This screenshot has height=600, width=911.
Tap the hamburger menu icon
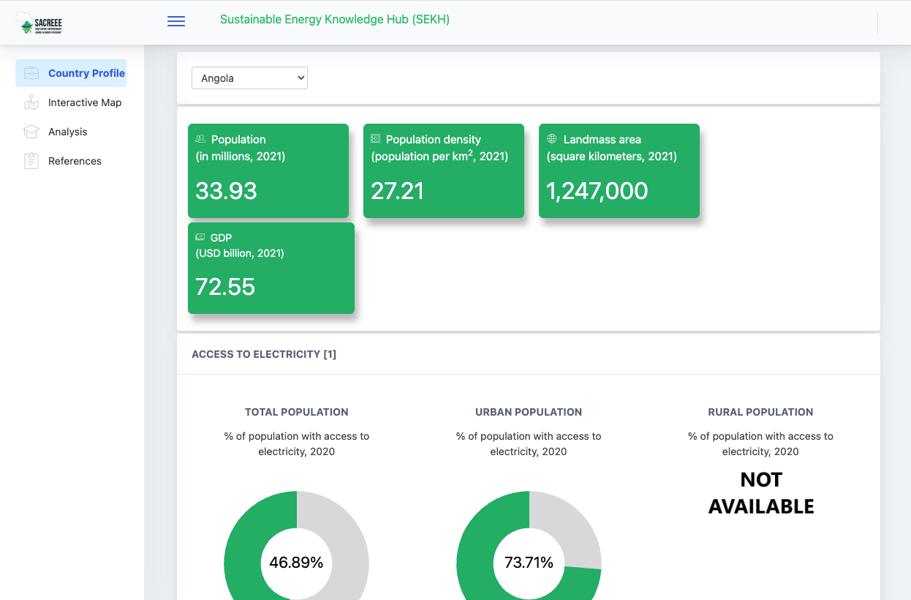176,21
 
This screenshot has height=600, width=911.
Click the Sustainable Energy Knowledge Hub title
335,20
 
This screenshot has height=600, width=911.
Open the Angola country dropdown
249,78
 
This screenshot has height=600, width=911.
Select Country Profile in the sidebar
71,73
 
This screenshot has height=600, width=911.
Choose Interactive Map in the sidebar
85,102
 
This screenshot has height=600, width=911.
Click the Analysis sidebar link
67,132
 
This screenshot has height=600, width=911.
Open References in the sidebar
75,161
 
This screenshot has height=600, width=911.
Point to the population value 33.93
226,191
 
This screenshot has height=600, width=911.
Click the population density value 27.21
397,191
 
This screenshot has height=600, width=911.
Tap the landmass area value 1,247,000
597,191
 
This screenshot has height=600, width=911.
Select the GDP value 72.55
225,287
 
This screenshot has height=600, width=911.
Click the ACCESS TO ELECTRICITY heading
264,354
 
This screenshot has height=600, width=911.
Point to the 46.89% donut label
296,563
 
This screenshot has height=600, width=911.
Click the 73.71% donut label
529,563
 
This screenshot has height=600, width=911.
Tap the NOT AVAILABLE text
761,493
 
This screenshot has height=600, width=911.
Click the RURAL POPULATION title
760,412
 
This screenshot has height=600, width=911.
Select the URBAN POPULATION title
529,412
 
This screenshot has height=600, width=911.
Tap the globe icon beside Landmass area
552,138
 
